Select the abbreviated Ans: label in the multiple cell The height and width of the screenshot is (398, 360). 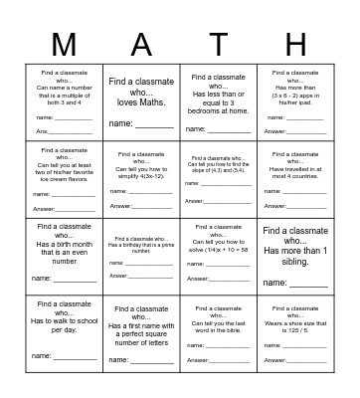coord(43,131)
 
